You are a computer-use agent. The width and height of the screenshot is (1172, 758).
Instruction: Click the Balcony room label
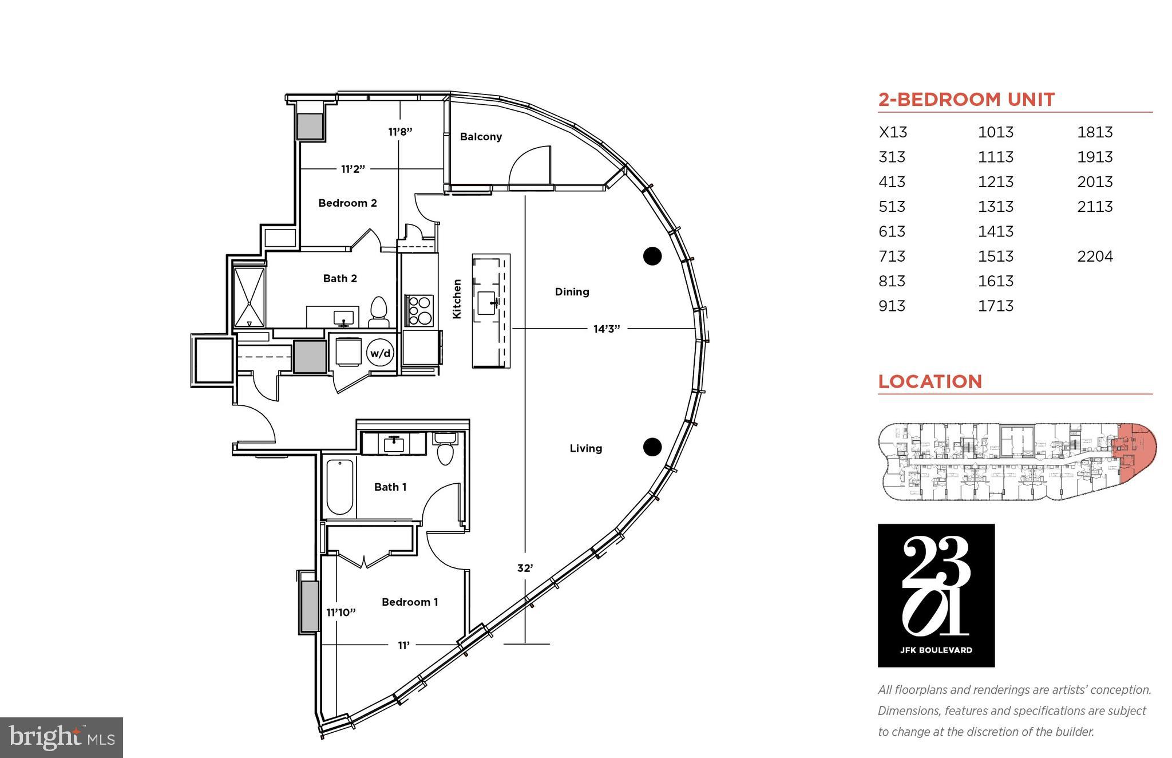click(x=481, y=136)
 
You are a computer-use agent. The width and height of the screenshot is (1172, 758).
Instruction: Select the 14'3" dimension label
click(x=607, y=329)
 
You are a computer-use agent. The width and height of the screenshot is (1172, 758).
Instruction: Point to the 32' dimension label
click(x=525, y=568)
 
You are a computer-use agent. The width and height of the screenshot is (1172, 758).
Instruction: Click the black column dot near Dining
click(x=652, y=256)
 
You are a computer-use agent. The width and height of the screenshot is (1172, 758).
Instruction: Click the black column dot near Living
click(x=652, y=447)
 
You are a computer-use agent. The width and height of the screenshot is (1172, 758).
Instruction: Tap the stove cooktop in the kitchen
click(x=419, y=310)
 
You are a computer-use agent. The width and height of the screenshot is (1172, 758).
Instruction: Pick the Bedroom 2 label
click(x=347, y=203)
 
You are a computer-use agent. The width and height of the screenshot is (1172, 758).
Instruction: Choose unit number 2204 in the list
click(x=1095, y=256)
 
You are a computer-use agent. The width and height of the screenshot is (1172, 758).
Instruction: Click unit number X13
click(x=893, y=132)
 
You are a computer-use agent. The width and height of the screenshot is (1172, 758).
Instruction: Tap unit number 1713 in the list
click(x=995, y=306)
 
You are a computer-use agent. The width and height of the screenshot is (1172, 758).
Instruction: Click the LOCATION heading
click(x=930, y=381)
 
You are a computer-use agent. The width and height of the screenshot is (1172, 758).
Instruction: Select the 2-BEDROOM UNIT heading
click(x=967, y=100)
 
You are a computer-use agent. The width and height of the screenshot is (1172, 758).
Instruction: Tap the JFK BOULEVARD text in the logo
click(x=936, y=650)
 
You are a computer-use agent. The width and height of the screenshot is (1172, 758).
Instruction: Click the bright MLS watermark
click(x=61, y=737)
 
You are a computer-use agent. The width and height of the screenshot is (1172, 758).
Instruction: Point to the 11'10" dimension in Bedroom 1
click(x=341, y=612)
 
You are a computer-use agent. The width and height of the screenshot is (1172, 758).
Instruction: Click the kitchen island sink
click(x=487, y=303)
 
